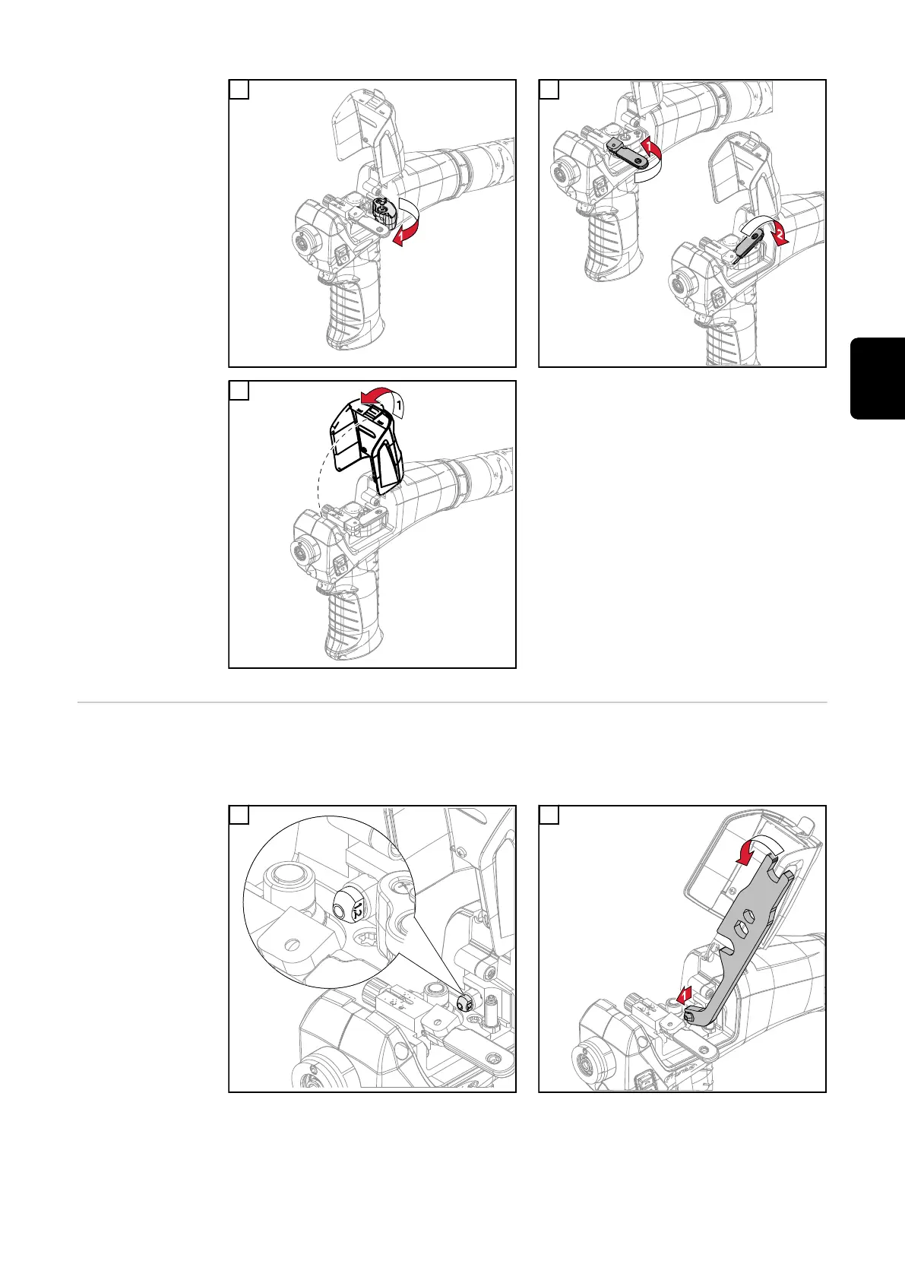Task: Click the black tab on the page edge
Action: [877, 379]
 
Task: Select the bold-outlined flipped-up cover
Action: [367, 445]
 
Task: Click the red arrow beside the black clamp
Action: [404, 234]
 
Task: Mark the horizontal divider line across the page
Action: [452, 702]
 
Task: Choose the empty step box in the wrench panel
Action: [549, 815]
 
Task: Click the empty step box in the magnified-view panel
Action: [239, 815]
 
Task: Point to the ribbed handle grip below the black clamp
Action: [349, 312]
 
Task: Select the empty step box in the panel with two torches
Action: [549, 90]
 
